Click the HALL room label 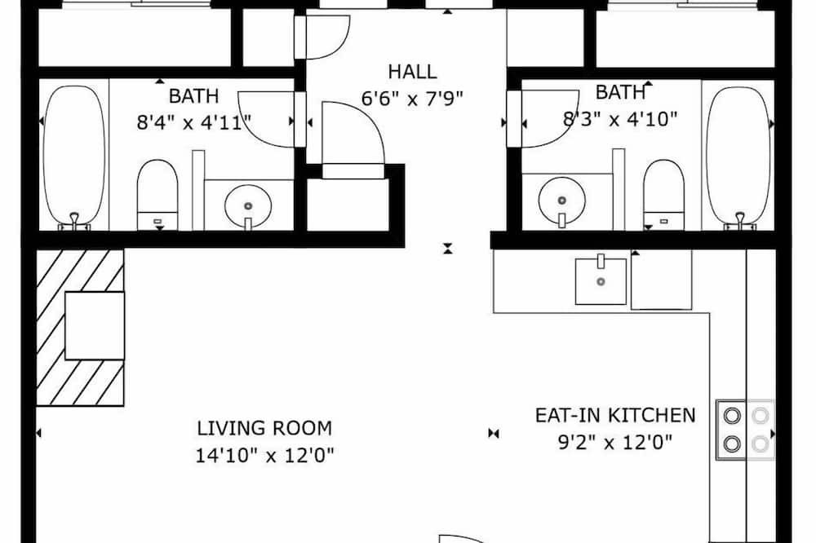point(412,72)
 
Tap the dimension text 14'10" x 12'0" point(264,456)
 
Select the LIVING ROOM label point(264,428)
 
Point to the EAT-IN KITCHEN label point(615,415)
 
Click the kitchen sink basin point(601,281)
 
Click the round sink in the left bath point(248,206)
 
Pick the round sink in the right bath point(561,201)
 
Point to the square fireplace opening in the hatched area point(95,325)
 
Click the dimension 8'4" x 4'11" point(194,123)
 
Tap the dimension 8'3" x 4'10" point(620,119)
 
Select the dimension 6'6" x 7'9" point(412,98)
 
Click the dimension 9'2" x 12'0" point(615,443)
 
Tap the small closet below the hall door point(348,204)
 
